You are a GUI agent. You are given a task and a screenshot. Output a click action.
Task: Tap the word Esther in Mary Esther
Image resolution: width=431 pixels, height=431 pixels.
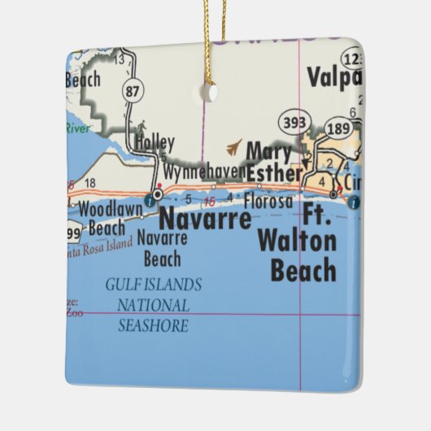pos(273,172)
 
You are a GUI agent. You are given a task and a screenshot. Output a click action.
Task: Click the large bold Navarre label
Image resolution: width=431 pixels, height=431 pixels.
pos(204,219)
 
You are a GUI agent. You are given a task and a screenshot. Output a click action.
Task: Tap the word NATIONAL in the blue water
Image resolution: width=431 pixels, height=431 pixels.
pos(154,306)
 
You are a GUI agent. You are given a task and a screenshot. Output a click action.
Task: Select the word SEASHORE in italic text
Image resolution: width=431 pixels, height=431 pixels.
pos(154,326)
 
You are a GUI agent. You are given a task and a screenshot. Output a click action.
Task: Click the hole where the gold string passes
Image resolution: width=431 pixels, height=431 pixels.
pos(211,92)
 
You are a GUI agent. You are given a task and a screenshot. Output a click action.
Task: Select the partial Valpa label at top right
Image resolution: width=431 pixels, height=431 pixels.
pos(333,78)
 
